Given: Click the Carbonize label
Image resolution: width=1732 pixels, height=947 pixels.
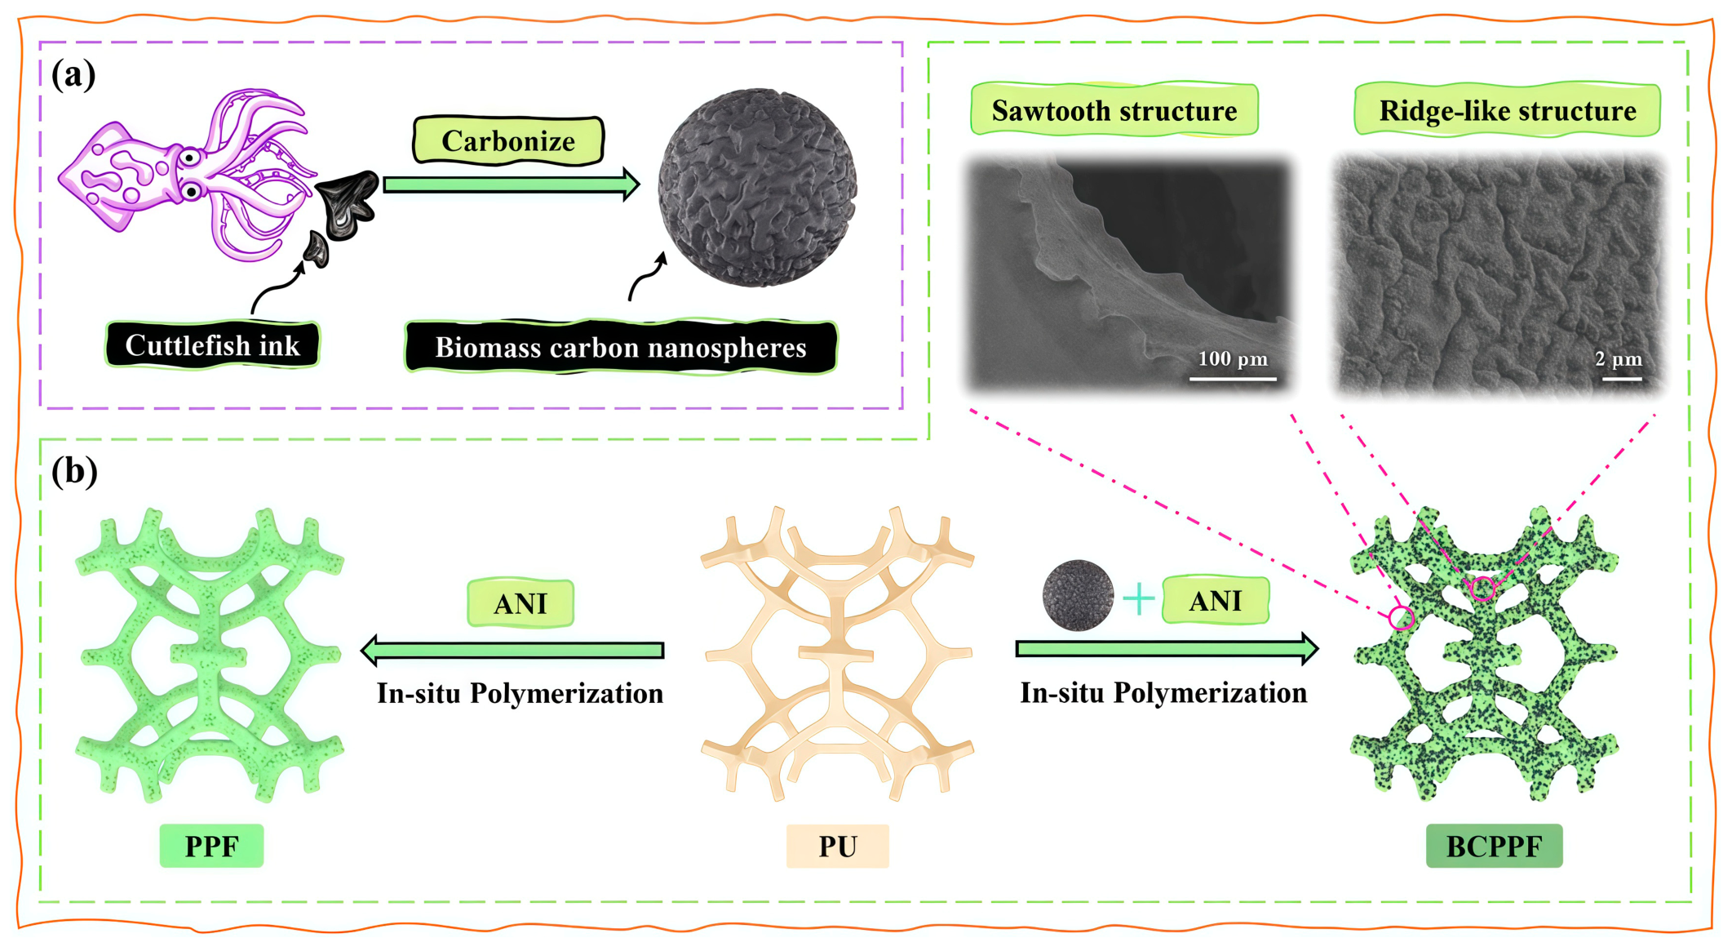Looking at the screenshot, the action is (508, 141).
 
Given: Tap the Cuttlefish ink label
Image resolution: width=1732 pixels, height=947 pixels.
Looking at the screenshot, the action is (212, 345).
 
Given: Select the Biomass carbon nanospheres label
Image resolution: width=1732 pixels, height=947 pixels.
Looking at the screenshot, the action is (621, 348).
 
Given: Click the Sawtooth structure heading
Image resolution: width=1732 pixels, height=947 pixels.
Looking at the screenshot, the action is (1114, 110).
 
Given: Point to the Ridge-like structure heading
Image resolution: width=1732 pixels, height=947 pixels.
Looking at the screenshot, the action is (1508, 110).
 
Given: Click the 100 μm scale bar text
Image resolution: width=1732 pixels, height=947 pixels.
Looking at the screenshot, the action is (1233, 358).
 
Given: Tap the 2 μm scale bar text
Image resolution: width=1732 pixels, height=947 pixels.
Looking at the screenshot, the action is (1619, 358).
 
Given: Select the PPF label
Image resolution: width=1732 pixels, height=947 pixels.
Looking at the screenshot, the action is (211, 847).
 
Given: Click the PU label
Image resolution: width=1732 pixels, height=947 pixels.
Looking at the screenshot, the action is (838, 847).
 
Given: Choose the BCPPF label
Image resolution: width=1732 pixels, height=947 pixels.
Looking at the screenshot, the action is (1495, 847).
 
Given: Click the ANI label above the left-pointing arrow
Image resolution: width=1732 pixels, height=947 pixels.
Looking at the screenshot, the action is (520, 603).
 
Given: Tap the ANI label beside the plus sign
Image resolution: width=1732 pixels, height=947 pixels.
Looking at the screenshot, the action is (1216, 601).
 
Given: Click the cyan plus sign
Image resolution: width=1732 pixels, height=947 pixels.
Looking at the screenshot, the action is (1138, 599).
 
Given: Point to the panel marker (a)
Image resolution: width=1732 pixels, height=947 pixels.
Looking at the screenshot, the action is (73, 74).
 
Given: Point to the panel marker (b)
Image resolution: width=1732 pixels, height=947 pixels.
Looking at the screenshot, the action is (74, 471).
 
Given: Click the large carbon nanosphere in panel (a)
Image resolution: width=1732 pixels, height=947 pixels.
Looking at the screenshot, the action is (757, 187).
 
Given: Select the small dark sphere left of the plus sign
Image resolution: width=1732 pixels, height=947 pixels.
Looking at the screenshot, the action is (1078, 595).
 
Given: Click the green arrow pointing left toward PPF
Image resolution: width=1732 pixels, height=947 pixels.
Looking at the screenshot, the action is (512, 650).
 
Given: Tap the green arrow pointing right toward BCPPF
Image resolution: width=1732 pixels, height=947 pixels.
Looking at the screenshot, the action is (1167, 648).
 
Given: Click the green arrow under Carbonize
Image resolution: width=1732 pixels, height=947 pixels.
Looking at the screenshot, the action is (512, 185).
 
